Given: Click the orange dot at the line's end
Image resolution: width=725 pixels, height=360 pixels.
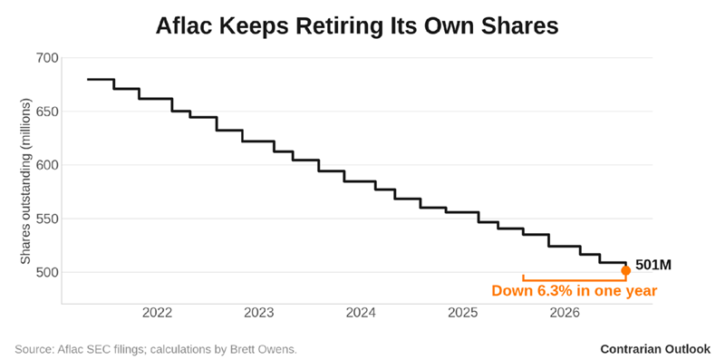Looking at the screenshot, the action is coord(625,271).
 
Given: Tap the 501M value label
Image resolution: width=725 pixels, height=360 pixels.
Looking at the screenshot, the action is coord(652,265).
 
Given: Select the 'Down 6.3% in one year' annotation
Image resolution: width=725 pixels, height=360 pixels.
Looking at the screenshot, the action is coord(575,291).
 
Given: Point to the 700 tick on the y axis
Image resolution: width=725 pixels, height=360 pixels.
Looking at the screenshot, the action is coord(46,58).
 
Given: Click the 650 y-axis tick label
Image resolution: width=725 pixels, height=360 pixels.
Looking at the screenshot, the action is coord(46,112).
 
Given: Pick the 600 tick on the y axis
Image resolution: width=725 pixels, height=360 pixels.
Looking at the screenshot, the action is coord(46,165).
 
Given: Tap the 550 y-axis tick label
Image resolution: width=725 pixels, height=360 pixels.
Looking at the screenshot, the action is coord(46,219).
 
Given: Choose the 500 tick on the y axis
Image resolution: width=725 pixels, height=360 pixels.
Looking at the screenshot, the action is coord(46,272).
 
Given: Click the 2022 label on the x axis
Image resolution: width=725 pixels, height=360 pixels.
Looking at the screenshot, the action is coord(157,313).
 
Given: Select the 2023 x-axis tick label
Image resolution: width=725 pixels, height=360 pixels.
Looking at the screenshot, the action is coord(259,313).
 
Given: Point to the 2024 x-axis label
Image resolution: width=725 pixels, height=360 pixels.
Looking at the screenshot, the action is coord(361,313).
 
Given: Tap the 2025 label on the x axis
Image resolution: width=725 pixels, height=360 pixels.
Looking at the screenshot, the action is coord(462,313).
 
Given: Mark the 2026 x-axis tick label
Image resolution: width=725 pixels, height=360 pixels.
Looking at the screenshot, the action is coord(564,313).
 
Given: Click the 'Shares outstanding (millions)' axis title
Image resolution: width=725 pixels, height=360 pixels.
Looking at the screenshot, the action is coord(26,181).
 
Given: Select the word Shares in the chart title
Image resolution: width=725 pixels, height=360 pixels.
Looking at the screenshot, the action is coord(520,26).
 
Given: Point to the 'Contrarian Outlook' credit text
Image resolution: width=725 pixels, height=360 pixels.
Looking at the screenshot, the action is coord(655,349).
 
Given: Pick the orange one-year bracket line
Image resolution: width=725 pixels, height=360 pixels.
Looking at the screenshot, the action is coord(575,280).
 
